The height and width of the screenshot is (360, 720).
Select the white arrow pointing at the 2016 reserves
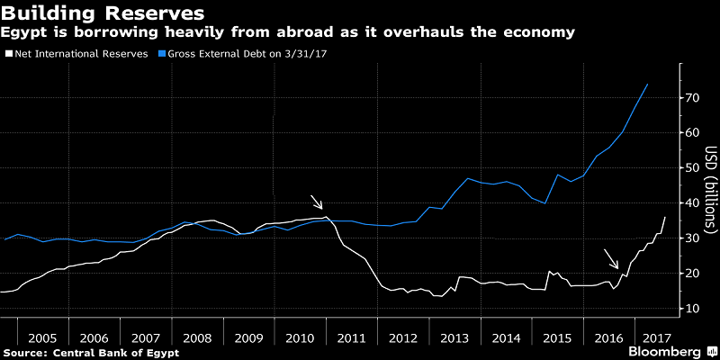click(611, 259)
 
